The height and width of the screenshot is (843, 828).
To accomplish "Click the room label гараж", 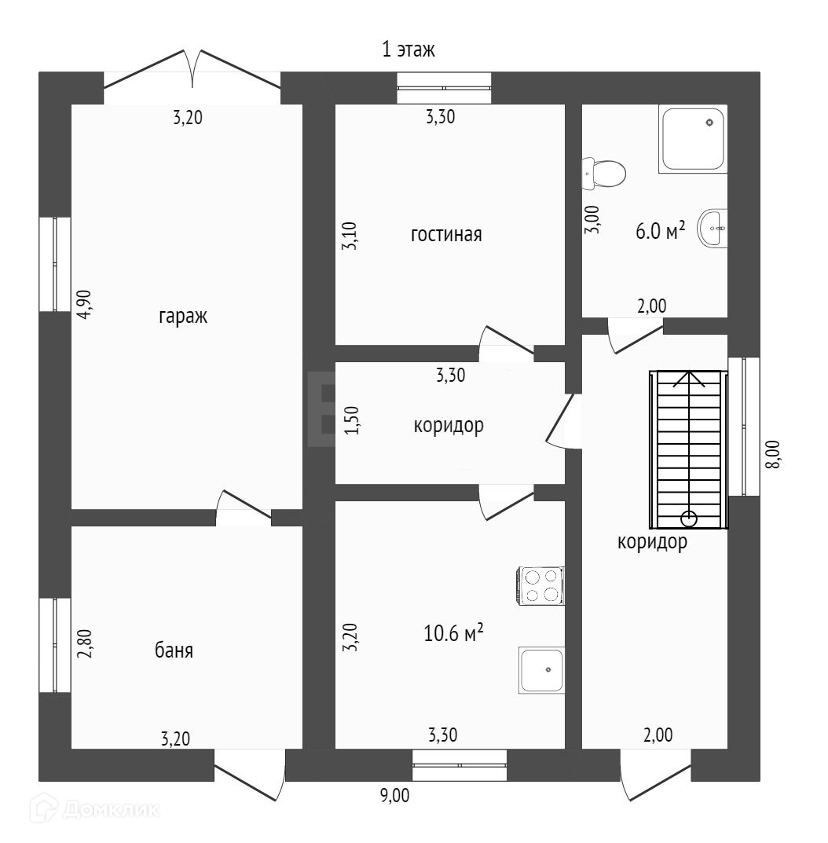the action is pos(183,317).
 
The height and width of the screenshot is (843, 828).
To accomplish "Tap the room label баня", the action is pos(174,651).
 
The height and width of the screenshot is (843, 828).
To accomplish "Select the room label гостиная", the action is pos(445,234).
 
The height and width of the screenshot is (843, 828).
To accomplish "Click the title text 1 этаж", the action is pos(408,50).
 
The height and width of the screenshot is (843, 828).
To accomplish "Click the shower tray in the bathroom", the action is pos(693,139).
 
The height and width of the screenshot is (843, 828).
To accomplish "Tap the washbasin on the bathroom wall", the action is pos(714,229).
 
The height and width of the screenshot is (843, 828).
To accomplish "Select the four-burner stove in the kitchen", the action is pos(540,586).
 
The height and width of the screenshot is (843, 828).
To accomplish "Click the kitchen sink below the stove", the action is pos(541,670).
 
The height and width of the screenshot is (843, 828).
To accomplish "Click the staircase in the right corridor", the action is pos(688,449).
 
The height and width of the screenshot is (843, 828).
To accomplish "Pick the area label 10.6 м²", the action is pos(452,632).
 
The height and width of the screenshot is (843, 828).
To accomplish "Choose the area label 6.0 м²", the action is pos(660,230).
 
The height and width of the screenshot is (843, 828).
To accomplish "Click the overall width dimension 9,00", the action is pos(394,795).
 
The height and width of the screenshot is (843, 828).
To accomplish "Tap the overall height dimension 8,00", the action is pos(773,454).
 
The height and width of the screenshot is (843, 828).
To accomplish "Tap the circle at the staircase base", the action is pos(689,519).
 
